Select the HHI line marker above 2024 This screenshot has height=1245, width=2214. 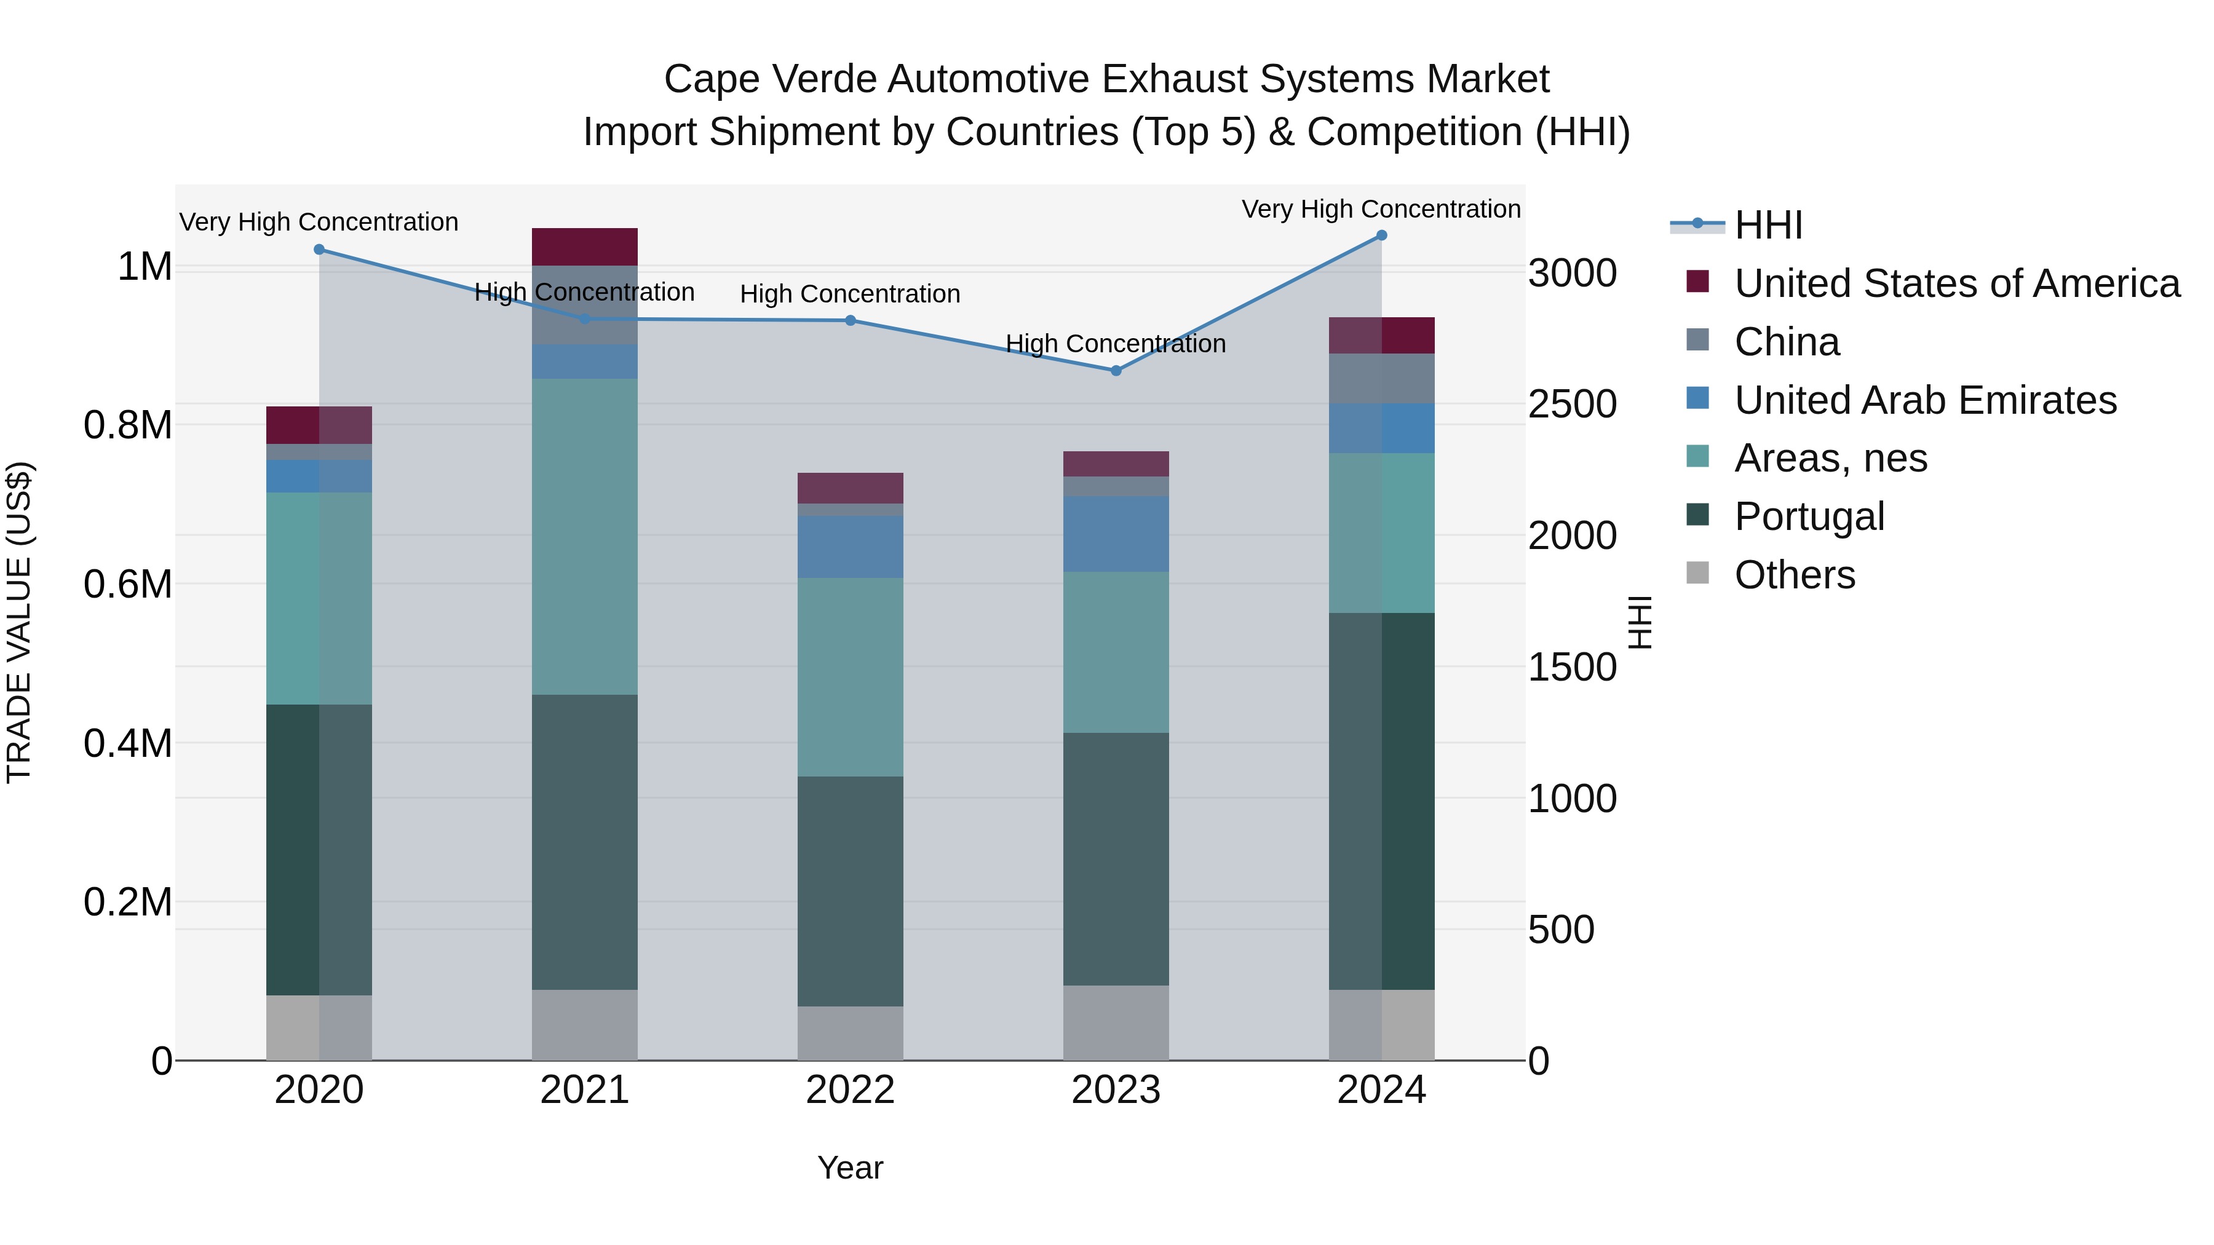[x=1381, y=235]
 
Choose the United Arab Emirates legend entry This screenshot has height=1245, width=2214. [x=1924, y=400]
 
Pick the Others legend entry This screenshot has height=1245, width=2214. [x=1794, y=575]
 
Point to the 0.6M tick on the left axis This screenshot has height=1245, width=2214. [x=127, y=584]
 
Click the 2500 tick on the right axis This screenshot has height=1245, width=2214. [x=1572, y=405]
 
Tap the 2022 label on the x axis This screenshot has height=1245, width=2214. [x=850, y=1090]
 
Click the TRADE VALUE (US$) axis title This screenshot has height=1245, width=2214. [x=19, y=622]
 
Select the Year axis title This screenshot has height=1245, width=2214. [x=850, y=1168]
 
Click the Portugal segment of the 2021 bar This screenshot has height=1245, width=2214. [x=584, y=842]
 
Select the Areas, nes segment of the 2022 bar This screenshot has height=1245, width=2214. [x=850, y=677]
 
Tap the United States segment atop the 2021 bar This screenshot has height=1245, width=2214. [x=584, y=247]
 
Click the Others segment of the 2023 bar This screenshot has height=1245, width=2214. [x=1116, y=1022]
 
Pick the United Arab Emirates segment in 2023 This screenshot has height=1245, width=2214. [x=1116, y=534]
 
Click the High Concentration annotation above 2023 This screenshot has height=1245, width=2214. [x=1116, y=344]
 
